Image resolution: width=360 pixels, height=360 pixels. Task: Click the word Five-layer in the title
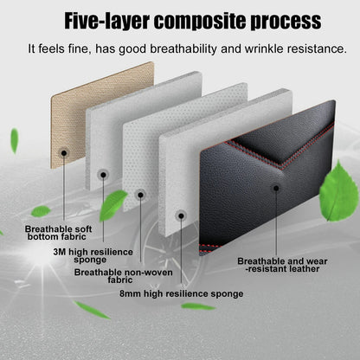click(106, 21)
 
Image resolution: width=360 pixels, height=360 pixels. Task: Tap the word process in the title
click(286, 22)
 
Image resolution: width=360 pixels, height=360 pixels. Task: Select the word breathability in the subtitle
click(183, 48)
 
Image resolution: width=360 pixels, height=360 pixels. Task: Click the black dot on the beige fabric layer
click(64, 153)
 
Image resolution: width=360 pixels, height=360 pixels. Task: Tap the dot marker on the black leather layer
click(276, 189)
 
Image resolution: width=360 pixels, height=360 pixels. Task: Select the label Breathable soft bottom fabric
click(58, 233)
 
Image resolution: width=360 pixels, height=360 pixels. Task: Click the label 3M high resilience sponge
click(93, 256)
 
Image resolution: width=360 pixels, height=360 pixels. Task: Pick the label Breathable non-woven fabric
click(123, 276)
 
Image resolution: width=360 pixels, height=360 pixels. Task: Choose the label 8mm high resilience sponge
click(181, 294)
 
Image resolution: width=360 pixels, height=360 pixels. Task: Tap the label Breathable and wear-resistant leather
click(282, 265)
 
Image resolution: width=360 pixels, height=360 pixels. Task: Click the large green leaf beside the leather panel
click(339, 191)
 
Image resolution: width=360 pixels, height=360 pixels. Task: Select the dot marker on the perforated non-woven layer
click(140, 196)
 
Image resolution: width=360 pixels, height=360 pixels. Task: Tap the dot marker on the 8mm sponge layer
click(181, 215)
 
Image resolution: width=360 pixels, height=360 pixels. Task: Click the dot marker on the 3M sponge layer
click(103, 175)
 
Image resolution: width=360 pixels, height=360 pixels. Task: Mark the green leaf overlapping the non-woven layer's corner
click(112, 205)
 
